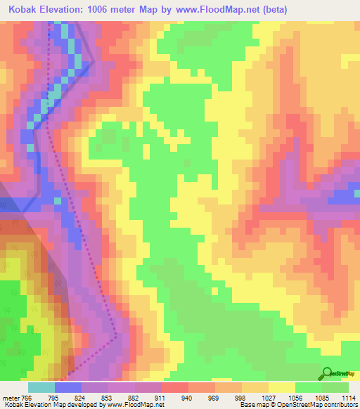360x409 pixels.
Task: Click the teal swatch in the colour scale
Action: pyautogui.click(x=41, y=388)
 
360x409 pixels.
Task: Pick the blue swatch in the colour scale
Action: pyautogui.click(x=68, y=388)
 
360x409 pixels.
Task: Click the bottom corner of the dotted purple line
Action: pyautogui.click(x=115, y=335)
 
